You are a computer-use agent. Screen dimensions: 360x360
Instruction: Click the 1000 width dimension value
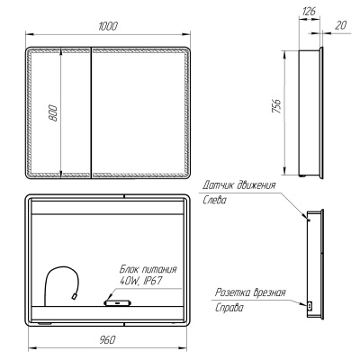(x=108, y=26)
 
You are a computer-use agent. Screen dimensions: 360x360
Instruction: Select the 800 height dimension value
(x=53, y=112)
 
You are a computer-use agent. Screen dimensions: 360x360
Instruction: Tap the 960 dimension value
(x=107, y=340)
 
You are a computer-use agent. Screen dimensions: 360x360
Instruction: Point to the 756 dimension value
(x=276, y=105)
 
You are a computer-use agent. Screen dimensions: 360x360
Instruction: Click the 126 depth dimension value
(x=309, y=11)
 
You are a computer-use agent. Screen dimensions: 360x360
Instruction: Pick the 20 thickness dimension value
(x=340, y=25)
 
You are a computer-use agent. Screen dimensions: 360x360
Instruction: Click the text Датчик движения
(x=238, y=184)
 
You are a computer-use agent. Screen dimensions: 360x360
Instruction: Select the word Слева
(x=214, y=200)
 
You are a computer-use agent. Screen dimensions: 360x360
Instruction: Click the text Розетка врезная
(x=250, y=292)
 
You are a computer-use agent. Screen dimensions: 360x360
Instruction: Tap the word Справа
(x=229, y=308)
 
